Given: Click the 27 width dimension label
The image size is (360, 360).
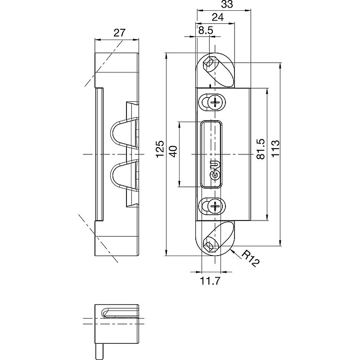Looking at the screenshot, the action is [x=120, y=33].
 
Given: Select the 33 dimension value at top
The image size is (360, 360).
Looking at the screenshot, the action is [x=227, y=4].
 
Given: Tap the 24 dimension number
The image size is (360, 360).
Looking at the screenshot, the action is [x=217, y=17].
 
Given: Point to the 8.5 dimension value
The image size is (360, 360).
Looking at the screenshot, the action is [x=206, y=30].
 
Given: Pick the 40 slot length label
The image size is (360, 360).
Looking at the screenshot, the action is [x=174, y=151].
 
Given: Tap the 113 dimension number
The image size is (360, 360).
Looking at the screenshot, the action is [x=275, y=148].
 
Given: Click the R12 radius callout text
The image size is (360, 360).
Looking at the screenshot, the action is [x=251, y=258].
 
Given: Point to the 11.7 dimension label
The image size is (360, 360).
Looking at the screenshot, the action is [x=210, y=280].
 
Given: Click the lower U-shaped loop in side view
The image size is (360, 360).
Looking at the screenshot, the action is [x=125, y=176].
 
